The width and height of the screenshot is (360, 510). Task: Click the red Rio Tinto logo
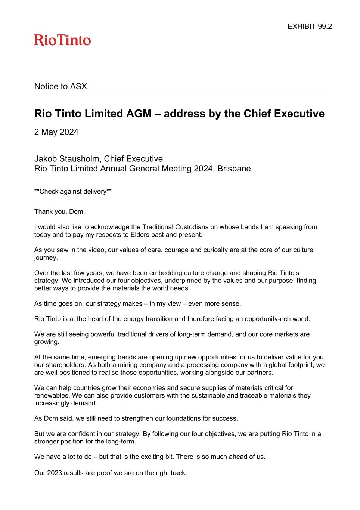[x=62, y=40]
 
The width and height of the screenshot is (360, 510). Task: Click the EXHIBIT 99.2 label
[x=310, y=27]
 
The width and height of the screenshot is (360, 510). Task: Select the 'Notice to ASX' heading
[x=60, y=86]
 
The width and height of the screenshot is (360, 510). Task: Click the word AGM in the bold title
[x=138, y=114]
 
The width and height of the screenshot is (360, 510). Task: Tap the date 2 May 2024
[x=56, y=132]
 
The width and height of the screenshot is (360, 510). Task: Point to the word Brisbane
[x=234, y=169]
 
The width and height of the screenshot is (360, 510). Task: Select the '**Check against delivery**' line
[x=73, y=192]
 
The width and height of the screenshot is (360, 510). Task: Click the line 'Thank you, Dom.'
[x=60, y=211]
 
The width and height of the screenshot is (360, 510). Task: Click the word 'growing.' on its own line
[x=46, y=342]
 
